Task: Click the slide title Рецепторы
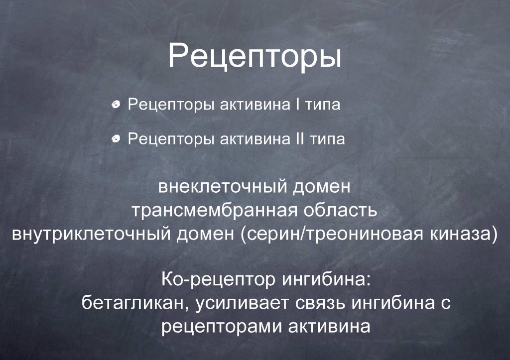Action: [x=255, y=57]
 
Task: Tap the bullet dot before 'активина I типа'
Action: [x=116, y=105]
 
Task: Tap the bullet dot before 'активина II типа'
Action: [x=116, y=139]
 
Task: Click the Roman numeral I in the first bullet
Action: [x=297, y=104]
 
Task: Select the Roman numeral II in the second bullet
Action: [x=299, y=138]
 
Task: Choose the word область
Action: [x=340, y=210]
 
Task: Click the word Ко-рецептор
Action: [x=218, y=280]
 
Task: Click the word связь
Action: [x=320, y=303]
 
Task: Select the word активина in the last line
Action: [x=329, y=327]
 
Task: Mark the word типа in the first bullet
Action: [x=322, y=105]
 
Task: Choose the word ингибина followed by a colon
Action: [x=326, y=280]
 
